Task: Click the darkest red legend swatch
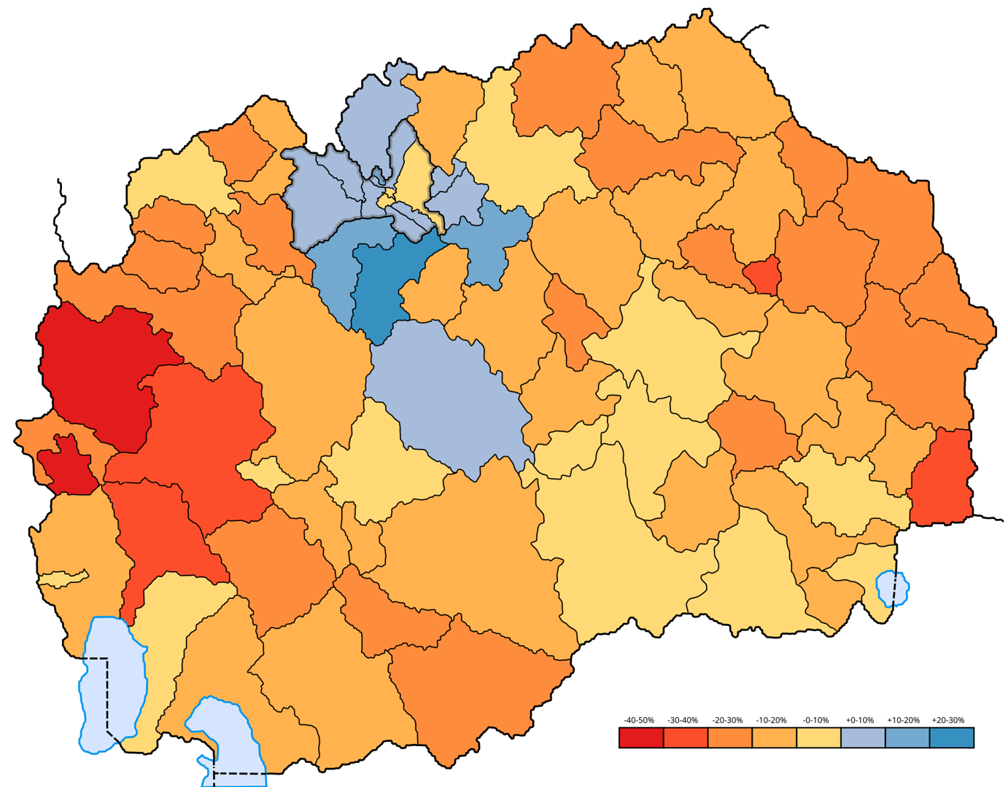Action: point(641,737)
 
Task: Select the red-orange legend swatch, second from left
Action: point(686,737)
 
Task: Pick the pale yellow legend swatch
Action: point(818,737)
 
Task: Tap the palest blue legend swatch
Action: point(863,737)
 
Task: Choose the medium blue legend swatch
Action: point(907,737)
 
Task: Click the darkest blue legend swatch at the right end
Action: point(952,737)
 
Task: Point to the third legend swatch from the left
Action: point(730,737)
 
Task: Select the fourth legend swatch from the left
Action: point(775,737)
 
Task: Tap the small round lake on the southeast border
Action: point(893,587)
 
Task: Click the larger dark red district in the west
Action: point(98,372)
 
